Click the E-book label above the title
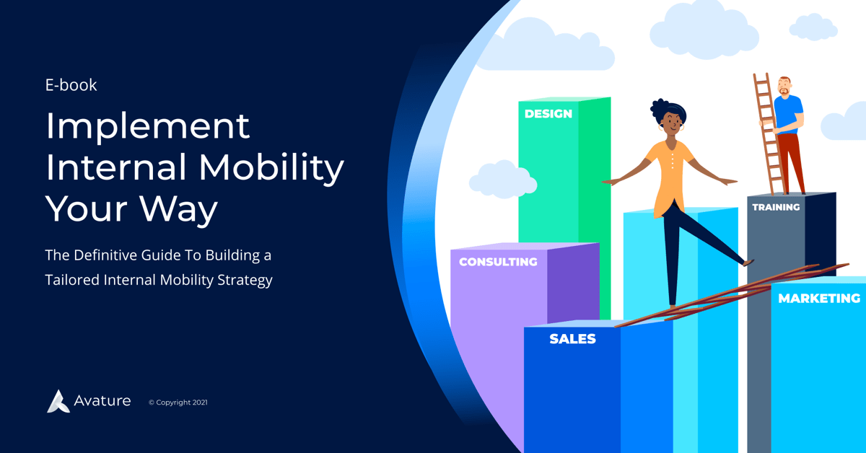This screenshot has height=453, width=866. [71, 85]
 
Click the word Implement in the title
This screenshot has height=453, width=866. [148, 127]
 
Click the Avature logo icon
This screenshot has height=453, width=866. [58, 401]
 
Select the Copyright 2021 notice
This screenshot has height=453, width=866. [178, 403]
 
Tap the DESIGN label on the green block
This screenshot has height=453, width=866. [548, 114]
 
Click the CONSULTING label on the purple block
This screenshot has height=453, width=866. [498, 262]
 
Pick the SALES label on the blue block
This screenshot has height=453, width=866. [572, 339]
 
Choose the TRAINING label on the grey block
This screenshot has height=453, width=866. [776, 207]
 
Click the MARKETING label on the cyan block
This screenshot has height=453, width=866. [818, 299]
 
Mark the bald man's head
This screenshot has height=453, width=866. [784, 84]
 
